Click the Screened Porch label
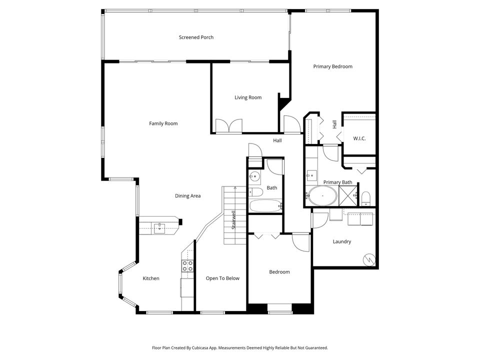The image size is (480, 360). coord(196,37)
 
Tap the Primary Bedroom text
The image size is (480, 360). coord(332,66)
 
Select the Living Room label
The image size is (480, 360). coord(248,97)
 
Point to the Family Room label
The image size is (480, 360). coord(163,123)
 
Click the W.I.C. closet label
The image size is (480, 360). coord(359,138)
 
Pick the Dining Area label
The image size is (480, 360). coord(187,196)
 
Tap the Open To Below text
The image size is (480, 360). coord(222,278)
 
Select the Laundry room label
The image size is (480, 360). coord(342,241)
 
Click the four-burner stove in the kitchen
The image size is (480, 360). coord(187,265)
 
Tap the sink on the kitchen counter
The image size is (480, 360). coord(159,228)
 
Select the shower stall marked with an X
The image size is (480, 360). coord(348,195)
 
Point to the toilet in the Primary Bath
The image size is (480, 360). coord(365,197)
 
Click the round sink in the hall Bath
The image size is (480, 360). coord(255,176)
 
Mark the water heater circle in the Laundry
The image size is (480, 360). coord(368,259)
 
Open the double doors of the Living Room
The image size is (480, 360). coord(228,126)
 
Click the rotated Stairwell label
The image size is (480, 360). coord(233,220)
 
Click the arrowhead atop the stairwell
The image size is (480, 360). coord(235,188)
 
